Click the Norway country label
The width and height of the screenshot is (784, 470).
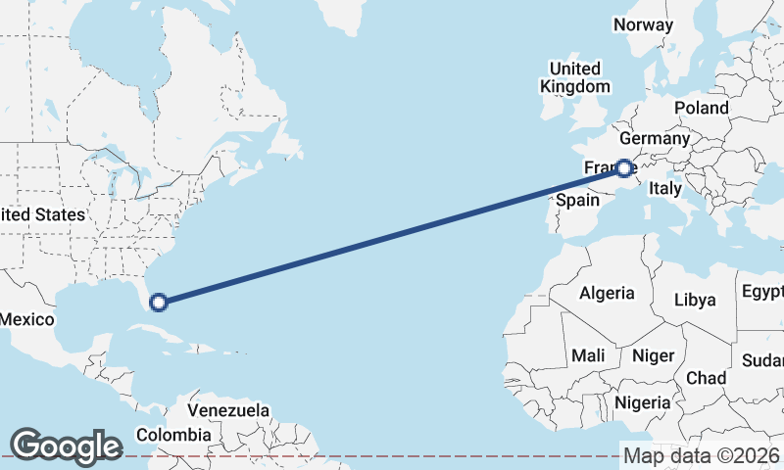(x=643, y=25)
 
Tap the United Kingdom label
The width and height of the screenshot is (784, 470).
(x=574, y=77)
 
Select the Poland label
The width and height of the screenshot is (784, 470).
(x=701, y=108)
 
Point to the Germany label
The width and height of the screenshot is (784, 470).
(x=655, y=139)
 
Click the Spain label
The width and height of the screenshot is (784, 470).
(x=577, y=200)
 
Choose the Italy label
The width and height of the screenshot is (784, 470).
(x=666, y=188)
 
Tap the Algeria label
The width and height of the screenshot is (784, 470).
(x=607, y=293)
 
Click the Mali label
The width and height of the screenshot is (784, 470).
(x=588, y=355)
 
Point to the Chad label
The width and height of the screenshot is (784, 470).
(x=706, y=378)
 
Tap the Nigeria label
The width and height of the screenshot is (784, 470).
(x=643, y=402)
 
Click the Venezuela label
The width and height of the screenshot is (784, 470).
(x=228, y=409)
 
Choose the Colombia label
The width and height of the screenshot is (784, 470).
(x=173, y=435)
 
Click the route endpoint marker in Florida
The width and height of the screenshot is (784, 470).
(x=159, y=303)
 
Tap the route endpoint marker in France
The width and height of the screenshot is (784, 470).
(x=623, y=168)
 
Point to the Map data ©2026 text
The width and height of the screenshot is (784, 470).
(x=702, y=455)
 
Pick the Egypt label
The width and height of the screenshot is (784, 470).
(x=762, y=292)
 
